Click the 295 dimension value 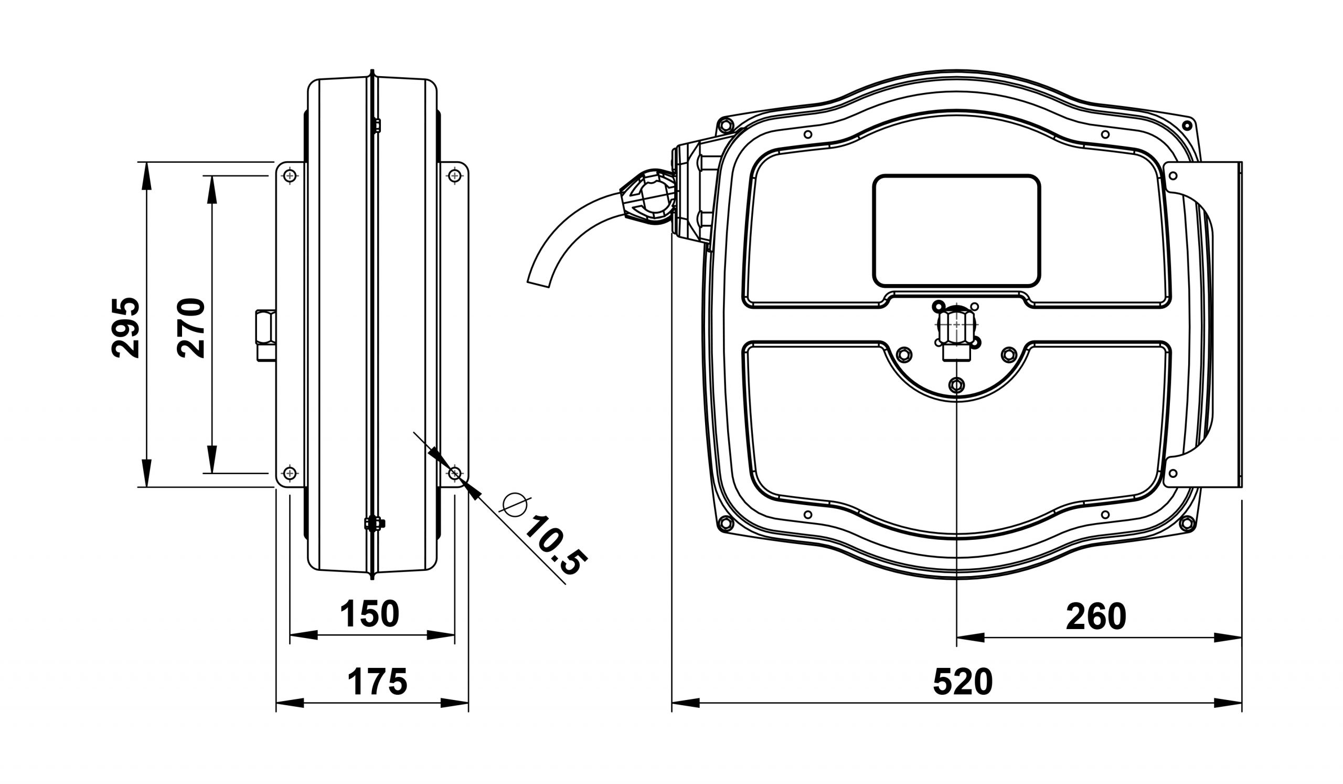coord(126,328)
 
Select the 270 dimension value coord(191,328)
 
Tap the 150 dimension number coord(369,614)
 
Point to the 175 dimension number coord(377,682)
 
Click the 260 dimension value coord(1096,616)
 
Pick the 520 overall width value coord(963,682)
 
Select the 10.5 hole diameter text coord(557,546)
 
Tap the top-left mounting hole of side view coord(290,175)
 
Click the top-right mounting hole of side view coord(455,175)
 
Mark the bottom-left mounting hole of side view coord(290,473)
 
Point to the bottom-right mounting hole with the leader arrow coord(455,473)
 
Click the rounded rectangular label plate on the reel coord(956,231)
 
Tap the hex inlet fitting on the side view coord(266,336)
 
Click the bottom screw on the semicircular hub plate coord(956,384)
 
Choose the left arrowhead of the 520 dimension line coord(685,703)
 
